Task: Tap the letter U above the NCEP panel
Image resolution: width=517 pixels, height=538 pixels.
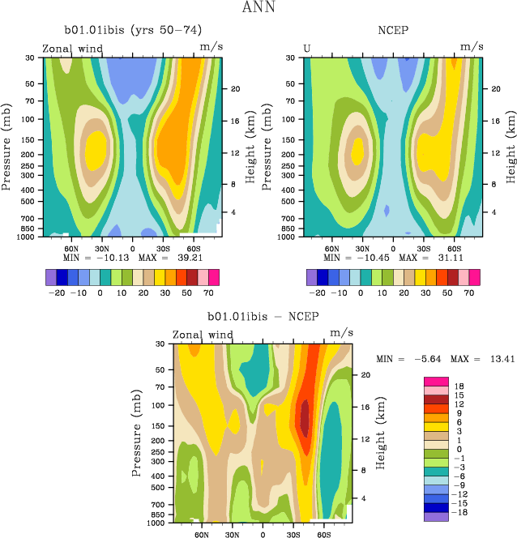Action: point(307,48)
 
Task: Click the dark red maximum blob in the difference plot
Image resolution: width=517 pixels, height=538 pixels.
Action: point(305,418)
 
